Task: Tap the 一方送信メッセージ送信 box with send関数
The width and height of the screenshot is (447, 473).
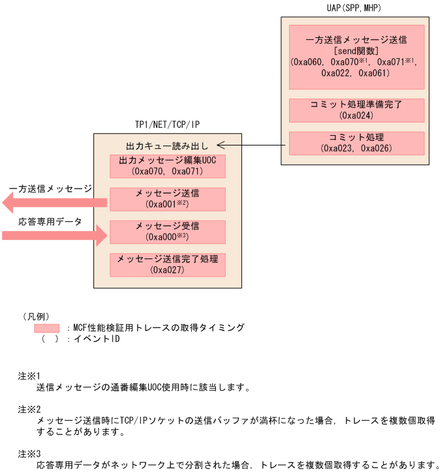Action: coord(356,57)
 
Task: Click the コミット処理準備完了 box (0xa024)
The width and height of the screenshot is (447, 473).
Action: coord(356,110)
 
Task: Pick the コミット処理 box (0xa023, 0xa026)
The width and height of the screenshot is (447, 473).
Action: coord(356,143)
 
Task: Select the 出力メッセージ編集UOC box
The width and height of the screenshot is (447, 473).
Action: coord(168,166)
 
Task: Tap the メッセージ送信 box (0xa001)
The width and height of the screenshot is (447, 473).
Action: coord(168,199)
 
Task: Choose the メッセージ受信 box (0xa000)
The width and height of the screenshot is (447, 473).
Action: coord(168,232)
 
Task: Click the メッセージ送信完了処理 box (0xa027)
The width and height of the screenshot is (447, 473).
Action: coord(168,264)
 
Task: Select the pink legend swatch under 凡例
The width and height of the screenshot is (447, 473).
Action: coord(46,328)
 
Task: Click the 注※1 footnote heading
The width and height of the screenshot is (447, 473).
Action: coord(29,376)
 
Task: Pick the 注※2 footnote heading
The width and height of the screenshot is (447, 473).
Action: coord(29,409)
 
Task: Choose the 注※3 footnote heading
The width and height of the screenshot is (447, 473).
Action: coord(29,453)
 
